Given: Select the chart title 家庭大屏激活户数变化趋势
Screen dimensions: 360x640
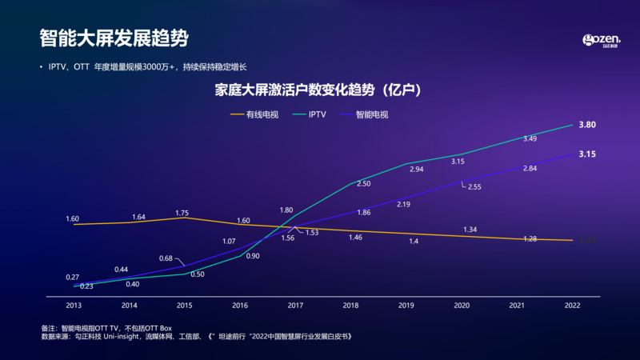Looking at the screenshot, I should click(x=318, y=89).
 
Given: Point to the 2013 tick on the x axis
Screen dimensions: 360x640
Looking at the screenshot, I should click(x=74, y=306).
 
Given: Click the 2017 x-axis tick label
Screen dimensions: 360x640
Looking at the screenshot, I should click(x=294, y=306).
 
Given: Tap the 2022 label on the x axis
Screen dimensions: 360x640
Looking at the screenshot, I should click(x=572, y=306).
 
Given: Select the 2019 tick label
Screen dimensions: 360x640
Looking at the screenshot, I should click(x=406, y=306).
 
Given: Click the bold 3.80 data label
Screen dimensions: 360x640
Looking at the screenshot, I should click(x=587, y=125).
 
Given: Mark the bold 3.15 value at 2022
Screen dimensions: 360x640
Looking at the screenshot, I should click(x=587, y=154).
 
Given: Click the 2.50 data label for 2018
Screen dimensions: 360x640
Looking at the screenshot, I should click(x=363, y=184).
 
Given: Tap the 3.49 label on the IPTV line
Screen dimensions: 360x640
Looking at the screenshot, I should click(x=530, y=139).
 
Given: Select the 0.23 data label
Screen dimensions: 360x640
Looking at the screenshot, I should click(x=87, y=286).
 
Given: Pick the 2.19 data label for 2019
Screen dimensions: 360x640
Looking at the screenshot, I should click(x=403, y=204).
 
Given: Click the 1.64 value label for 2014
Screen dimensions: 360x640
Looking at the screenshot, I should click(x=138, y=217).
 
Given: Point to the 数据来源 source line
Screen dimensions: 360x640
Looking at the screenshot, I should click(x=196, y=337).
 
